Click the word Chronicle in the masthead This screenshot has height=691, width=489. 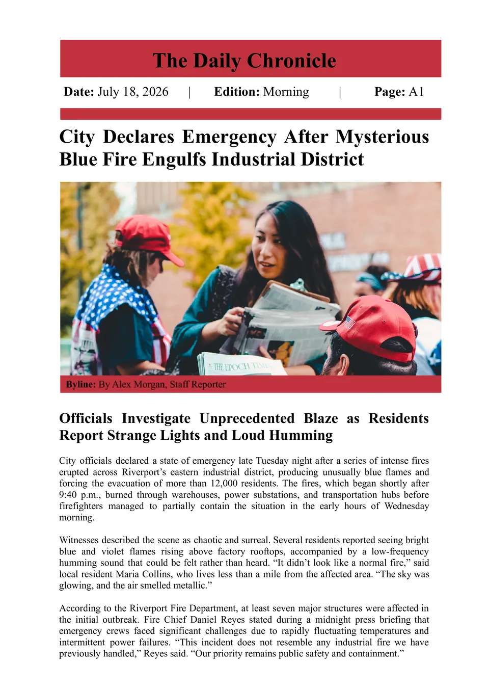(x=292, y=61)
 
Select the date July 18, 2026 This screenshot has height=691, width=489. (x=132, y=92)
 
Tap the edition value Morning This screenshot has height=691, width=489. (x=286, y=92)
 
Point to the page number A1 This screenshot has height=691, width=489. (x=416, y=92)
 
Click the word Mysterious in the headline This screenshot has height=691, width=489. (x=382, y=137)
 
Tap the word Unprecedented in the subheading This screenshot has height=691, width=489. (x=247, y=418)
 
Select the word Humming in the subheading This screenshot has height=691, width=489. (x=301, y=436)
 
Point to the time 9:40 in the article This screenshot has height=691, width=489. (x=68, y=495)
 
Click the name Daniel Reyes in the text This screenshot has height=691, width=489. (x=210, y=620)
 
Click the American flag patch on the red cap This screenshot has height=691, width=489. (x=349, y=322)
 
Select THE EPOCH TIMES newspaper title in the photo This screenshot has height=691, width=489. (x=239, y=366)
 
